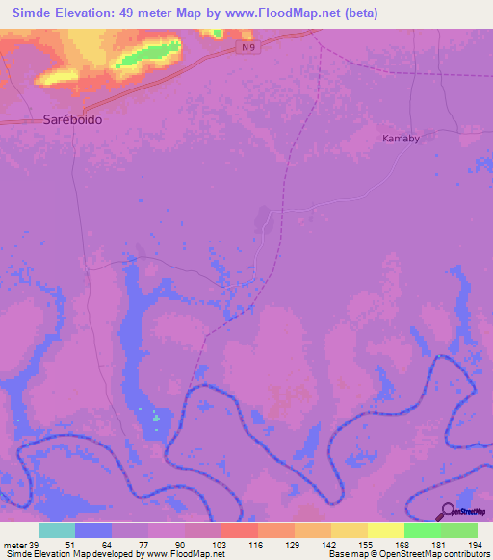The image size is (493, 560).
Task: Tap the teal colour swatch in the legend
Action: pyautogui.click(x=57, y=530)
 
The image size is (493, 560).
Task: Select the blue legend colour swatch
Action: pyautogui.click(x=93, y=530)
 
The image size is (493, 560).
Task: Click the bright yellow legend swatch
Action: pyautogui.click(x=386, y=530)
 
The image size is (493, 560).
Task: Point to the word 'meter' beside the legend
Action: pyautogui.click(x=16, y=545)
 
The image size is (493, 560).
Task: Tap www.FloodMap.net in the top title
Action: pyautogui.click(x=280, y=13)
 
